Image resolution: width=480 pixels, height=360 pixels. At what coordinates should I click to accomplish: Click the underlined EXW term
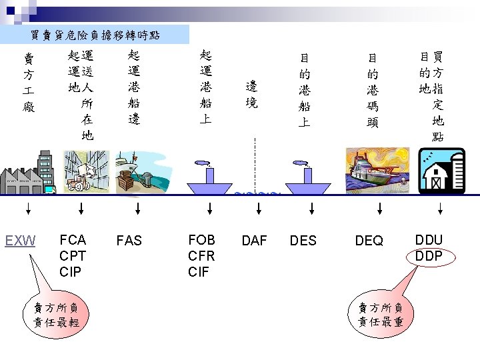21,241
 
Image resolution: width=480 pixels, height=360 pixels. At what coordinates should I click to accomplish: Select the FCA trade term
72,239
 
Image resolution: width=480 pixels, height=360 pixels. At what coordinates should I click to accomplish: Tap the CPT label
73,255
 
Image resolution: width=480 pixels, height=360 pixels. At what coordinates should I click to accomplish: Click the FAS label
129,241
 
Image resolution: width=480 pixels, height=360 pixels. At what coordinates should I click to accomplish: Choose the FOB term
201,239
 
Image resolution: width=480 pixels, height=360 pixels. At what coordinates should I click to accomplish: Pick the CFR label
201,255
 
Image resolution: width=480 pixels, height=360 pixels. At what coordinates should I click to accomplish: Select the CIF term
199,271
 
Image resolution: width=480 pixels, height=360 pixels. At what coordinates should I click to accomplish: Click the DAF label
254,241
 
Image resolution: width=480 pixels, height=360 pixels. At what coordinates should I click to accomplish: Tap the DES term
303,241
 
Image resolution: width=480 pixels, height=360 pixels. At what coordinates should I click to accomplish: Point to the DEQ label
369,241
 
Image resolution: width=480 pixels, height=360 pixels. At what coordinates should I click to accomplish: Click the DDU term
429,240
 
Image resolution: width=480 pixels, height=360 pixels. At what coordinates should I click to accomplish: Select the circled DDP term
429,256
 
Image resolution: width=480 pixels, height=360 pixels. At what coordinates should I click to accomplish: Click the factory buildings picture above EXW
27,173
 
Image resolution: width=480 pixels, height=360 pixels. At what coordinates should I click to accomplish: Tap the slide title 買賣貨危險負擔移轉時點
95,34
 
